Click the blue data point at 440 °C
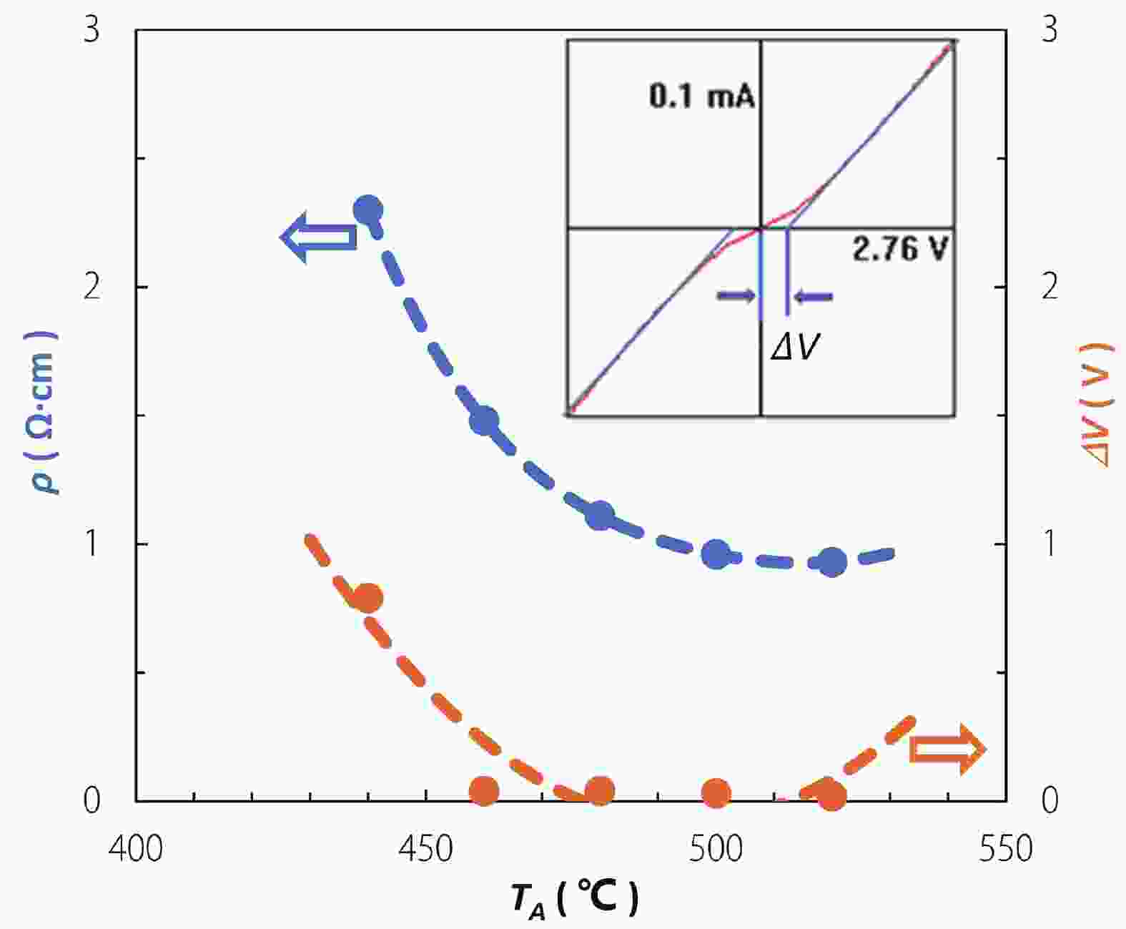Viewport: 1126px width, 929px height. (x=369, y=210)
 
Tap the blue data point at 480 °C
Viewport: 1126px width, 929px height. (x=600, y=515)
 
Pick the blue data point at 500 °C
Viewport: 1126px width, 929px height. (x=716, y=554)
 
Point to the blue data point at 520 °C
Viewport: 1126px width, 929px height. (x=831, y=563)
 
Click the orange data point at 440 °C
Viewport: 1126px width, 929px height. (x=369, y=598)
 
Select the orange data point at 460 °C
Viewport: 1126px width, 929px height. (x=484, y=792)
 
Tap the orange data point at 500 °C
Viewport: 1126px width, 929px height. (x=716, y=792)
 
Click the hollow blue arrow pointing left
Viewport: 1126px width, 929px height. (x=317, y=237)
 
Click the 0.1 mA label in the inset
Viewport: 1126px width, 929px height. (x=702, y=97)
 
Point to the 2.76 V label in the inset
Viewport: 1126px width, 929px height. (x=900, y=250)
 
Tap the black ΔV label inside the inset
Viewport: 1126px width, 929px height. (x=794, y=348)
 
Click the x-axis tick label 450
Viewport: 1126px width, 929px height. (x=426, y=849)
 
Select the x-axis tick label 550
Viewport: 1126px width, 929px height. (x=1006, y=849)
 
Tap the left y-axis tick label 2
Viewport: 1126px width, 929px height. (x=92, y=287)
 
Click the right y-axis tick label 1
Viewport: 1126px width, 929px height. (x=1049, y=544)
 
